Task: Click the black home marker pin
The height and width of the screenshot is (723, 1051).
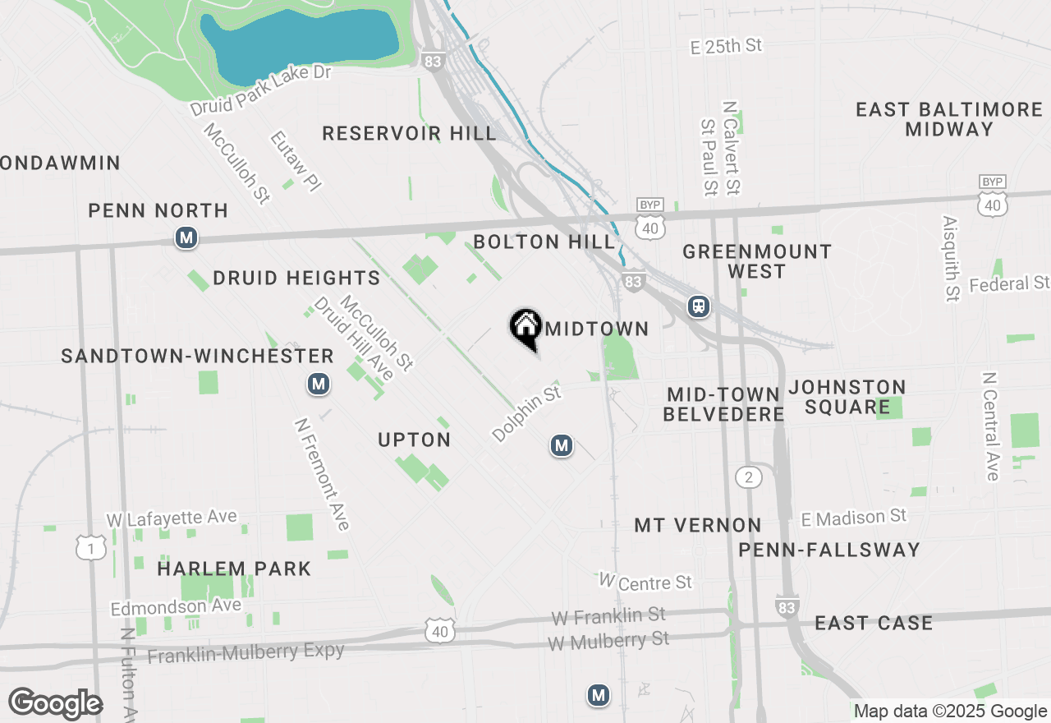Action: pos(525,327)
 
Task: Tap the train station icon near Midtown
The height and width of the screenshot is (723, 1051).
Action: pos(699,306)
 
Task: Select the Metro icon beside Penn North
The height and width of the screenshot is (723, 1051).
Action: pos(186,238)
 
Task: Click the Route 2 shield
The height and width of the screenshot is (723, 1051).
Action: pos(748,477)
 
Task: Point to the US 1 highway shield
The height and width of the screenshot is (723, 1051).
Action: pos(91,548)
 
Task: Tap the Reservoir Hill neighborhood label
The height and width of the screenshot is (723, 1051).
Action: pos(409,133)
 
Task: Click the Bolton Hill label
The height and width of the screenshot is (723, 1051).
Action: pos(544,242)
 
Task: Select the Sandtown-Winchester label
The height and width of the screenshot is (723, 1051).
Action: pos(197,356)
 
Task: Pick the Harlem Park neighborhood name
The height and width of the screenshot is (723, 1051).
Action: pos(234,568)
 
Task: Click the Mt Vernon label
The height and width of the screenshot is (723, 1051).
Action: pos(698,525)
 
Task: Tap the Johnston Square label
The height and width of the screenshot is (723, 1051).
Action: pos(847,397)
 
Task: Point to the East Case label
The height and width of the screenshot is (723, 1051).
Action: pos(874,623)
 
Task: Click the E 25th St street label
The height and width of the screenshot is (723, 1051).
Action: pos(727,47)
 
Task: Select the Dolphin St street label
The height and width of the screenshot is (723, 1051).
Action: pos(526,414)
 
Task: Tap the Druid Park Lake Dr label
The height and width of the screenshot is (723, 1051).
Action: pos(260,90)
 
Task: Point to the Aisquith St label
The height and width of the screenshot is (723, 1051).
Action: pos(951,259)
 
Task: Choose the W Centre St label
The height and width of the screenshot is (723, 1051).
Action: pos(645,582)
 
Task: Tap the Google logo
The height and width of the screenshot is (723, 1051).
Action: pos(55,704)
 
